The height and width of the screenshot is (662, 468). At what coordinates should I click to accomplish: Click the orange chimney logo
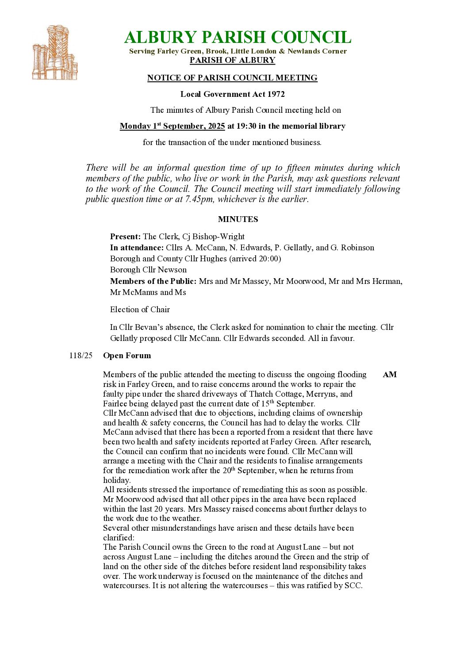pos(55,53)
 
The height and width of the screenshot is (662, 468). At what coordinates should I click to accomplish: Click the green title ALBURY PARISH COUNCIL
pos(238,38)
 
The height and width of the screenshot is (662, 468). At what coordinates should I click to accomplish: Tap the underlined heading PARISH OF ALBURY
pos(232,60)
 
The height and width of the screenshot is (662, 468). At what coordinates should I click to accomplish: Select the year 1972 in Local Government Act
pos(276,94)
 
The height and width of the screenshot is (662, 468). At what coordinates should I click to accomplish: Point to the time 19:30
pos(246,126)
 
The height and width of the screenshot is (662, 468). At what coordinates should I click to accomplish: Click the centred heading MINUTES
pos(238,219)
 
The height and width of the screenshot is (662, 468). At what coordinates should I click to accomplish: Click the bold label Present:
pos(125,237)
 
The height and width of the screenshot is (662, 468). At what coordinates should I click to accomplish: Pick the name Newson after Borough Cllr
pos(172,270)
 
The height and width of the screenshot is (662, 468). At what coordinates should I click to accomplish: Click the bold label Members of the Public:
pos(153,281)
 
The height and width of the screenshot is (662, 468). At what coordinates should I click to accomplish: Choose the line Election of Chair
pos(140,310)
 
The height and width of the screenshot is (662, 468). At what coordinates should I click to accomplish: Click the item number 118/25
pos(81,356)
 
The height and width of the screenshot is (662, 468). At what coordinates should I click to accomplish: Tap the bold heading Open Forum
pos(127,356)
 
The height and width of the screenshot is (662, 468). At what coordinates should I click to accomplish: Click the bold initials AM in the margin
pos(390,375)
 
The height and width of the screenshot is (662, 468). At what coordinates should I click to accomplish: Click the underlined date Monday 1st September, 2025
pos(173,126)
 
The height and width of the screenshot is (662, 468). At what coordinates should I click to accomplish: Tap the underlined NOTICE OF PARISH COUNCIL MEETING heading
pos(232,78)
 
